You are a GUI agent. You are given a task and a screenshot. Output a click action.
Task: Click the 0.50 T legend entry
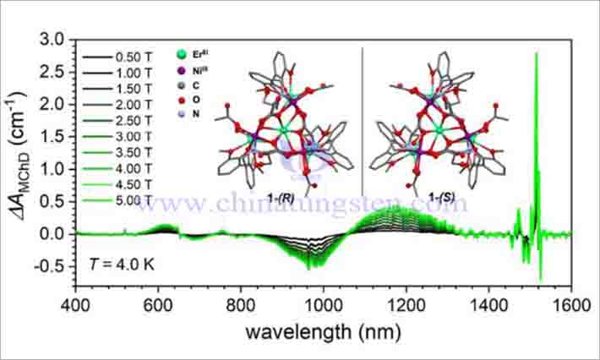point(127,57)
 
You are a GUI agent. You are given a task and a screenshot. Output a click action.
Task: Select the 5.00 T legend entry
point(127,201)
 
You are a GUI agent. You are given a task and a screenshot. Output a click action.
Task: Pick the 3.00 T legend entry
point(127,137)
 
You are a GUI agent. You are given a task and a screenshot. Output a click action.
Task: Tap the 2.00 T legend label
point(127,106)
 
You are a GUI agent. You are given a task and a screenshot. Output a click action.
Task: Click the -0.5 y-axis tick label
point(53,266)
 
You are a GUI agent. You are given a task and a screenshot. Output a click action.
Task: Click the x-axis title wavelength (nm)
point(324,331)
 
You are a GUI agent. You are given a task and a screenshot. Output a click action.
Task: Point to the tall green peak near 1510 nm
point(536,54)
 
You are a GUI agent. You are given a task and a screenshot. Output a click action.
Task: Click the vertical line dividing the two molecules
point(363,118)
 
